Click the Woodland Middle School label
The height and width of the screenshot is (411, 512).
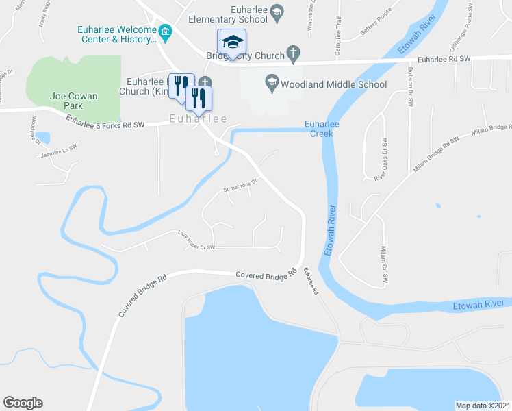click(333, 84)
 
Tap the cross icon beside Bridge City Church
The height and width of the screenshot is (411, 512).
click(292, 52)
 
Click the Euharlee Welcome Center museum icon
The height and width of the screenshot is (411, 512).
click(165, 32)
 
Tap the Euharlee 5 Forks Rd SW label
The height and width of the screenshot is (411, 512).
click(106, 121)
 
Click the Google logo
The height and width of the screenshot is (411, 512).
click(23, 403)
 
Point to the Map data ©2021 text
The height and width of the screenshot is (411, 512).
click(482, 405)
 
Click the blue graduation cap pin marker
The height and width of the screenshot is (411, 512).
click(232, 42)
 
